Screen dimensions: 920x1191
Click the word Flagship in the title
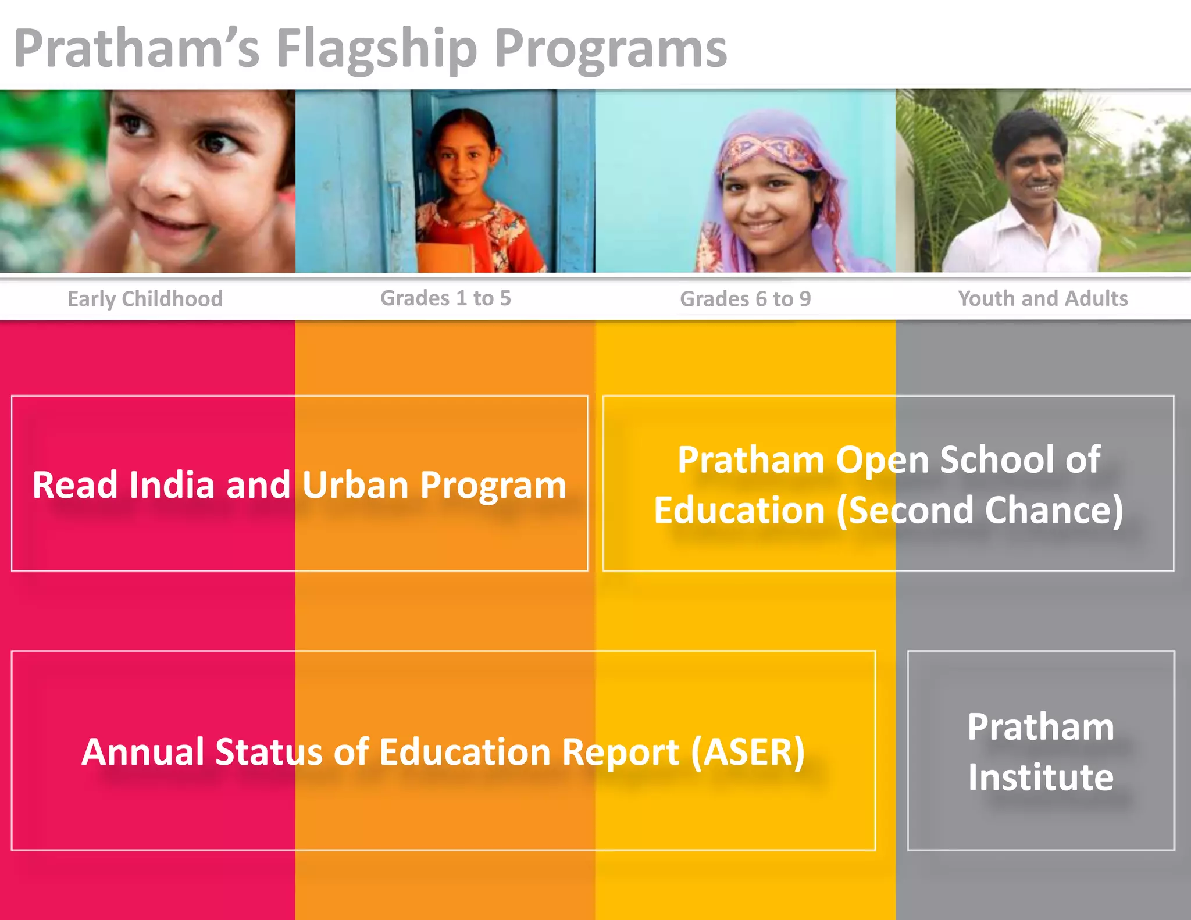click(376, 49)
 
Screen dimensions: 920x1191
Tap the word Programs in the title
click(611, 49)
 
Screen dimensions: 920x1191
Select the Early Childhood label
click(145, 299)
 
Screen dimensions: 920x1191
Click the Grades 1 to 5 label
click(445, 298)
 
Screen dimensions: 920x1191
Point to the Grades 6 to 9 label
click(745, 299)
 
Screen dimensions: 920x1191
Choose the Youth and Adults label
click(1043, 298)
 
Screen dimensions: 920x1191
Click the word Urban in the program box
click(355, 485)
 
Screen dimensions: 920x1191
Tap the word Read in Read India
click(74, 485)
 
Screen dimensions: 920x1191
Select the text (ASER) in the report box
click(748, 751)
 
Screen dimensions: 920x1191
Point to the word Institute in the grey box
click(1040, 777)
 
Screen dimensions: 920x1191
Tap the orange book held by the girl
click(445, 257)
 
